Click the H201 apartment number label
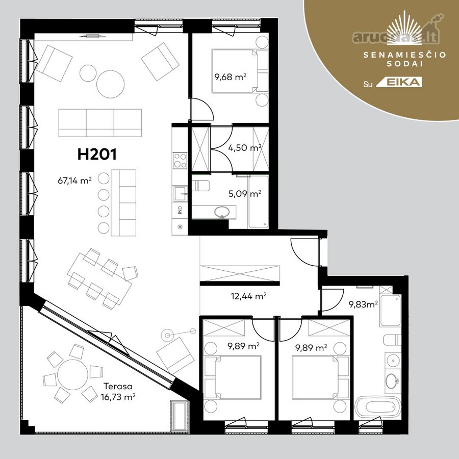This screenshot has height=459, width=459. (x=97, y=154)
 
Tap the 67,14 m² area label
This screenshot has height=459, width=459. (x=74, y=181)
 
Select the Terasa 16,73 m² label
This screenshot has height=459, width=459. (x=118, y=392)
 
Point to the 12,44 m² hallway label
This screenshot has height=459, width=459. (x=248, y=296)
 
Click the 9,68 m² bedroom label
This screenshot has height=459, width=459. (x=231, y=77)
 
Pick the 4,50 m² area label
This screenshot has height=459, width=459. (x=245, y=147)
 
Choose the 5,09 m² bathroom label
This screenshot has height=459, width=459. (x=245, y=193)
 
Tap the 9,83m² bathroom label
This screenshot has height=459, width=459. (x=363, y=304)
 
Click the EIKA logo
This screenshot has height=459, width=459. (x=399, y=82)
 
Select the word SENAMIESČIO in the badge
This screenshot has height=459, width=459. (x=405, y=55)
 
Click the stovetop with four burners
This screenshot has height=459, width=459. (x=180, y=161)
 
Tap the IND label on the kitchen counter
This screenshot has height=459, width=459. (x=180, y=210)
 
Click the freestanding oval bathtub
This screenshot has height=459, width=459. (x=377, y=407)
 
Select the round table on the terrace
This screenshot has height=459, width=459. (x=73, y=375)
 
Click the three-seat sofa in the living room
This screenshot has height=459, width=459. (x=100, y=123)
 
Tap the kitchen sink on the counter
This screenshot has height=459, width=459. (x=181, y=194)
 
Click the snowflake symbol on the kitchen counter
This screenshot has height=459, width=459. (x=180, y=226)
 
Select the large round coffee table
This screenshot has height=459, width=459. (x=111, y=84)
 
